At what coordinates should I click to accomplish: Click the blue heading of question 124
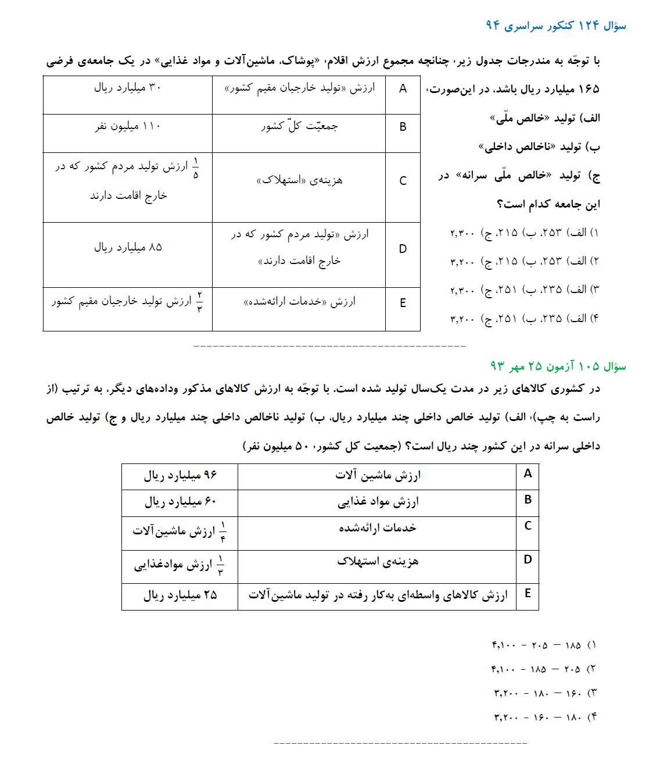555,26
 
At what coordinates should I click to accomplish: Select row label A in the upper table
403,89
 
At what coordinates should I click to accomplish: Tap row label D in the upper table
403,249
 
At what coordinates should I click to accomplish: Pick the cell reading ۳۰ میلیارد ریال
128,88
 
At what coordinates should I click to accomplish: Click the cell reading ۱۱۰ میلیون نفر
128,126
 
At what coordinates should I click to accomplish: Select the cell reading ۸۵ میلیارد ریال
128,247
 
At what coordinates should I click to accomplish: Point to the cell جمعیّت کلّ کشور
299,126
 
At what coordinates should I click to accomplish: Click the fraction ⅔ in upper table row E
199,302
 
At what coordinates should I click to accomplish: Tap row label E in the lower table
528,593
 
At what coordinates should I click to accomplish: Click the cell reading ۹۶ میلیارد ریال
180,476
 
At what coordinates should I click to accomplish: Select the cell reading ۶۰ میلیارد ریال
180,501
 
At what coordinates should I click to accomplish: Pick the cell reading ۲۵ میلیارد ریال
180,595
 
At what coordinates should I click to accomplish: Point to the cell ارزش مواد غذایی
378,502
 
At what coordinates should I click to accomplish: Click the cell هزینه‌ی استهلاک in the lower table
378,561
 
